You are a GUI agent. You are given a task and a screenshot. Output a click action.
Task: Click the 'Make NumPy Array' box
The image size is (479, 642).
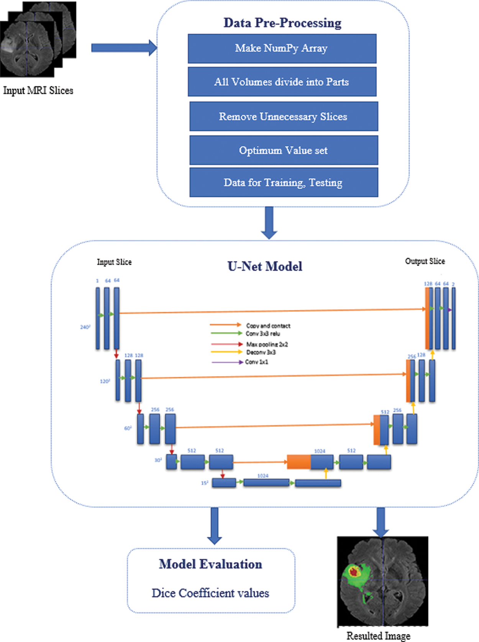[x=282, y=49]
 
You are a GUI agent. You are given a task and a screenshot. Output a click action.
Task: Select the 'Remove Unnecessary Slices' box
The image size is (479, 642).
[x=283, y=116]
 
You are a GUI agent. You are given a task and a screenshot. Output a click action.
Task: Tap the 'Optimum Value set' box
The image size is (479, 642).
[x=283, y=150]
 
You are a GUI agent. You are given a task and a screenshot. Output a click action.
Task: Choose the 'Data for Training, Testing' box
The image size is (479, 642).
[x=283, y=182]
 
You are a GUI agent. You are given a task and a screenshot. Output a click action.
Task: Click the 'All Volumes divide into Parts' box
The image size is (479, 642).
[x=282, y=82]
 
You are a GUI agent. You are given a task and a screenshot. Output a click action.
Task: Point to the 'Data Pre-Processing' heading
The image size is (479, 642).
[x=282, y=23]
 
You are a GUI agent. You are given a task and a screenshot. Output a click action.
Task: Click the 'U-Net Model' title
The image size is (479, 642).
[x=265, y=266]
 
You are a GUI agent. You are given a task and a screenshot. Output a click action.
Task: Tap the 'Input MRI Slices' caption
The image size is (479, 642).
[x=38, y=91]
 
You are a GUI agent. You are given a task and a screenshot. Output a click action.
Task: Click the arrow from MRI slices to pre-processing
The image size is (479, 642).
[x=123, y=48]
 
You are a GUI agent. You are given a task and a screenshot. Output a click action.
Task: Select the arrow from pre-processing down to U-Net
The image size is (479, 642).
[x=269, y=222]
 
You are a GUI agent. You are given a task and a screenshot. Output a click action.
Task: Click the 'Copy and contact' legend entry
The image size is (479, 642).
[x=268, y=326]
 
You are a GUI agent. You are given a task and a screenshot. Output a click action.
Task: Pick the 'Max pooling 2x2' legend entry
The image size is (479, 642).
[x=267, y=344]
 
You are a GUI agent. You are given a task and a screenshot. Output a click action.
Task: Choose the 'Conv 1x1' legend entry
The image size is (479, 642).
[x=256, y=362]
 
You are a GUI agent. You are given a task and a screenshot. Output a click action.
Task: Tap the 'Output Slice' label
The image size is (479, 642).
[x=425, y=261]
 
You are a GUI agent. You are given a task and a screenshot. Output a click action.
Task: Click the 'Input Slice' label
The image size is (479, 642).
[x=114, y=262]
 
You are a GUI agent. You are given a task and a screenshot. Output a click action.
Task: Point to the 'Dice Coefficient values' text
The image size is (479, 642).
[x=210, y=593]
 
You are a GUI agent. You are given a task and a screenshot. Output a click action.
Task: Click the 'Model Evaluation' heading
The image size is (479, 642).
[x=210, y=564]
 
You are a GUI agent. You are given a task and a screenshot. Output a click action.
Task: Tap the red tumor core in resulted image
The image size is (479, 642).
[x=354, y=572]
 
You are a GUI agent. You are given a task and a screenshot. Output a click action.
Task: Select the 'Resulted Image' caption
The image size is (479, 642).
[x=378, y=636]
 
